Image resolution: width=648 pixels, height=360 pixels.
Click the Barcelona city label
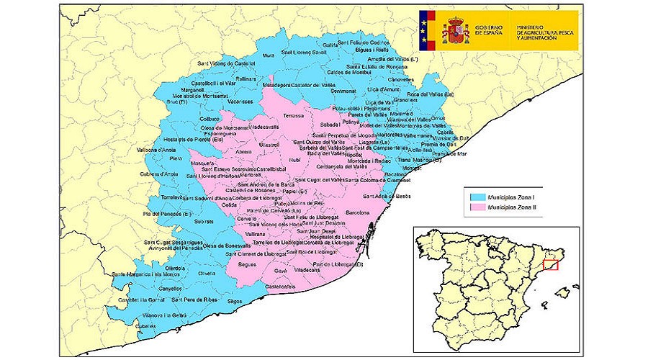coord(357,213)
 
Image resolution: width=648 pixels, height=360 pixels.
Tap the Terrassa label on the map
coord(294,115)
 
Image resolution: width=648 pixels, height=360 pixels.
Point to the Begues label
coord(248,265)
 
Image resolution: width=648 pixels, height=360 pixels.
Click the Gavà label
coord(281,271)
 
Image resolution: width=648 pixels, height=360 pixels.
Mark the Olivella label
coord(207,274)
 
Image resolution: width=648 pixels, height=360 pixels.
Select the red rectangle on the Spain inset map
coord(550,264)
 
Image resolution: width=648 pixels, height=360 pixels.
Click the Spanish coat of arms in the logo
coord(455,31)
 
